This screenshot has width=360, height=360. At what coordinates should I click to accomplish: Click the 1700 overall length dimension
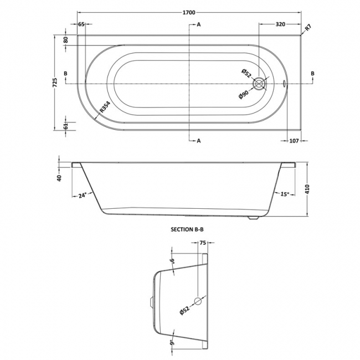(189, 13)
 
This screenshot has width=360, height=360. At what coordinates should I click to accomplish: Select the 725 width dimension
(55, 83)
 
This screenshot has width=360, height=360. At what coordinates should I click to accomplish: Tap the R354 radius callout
(105, 107)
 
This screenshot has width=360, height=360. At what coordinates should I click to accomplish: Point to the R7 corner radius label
(308, 28)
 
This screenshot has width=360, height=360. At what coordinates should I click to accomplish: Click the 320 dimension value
(280, 24)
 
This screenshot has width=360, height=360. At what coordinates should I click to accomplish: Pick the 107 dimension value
(294, 141)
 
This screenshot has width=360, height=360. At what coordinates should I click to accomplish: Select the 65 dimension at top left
(81, 24)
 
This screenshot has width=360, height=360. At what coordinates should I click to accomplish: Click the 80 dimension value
(66, 40)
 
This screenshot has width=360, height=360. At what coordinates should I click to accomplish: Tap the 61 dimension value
(66, 126)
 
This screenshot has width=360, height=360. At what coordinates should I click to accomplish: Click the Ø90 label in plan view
(244, 95)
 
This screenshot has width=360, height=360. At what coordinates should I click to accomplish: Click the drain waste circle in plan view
(259, 84)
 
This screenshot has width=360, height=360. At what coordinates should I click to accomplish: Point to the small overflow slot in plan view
(284, 84)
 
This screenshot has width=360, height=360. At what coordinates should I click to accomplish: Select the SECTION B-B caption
(187, 229)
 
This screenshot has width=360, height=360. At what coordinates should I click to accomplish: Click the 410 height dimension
(307, 189)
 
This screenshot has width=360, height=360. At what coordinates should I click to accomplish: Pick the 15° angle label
(285, 194)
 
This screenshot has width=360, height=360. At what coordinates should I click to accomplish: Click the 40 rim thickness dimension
(60, 178)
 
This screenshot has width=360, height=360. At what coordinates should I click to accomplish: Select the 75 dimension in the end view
(203, 243)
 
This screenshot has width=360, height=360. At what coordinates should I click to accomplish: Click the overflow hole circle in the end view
(198, 301)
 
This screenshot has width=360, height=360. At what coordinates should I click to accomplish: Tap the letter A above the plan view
(199, 24)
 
